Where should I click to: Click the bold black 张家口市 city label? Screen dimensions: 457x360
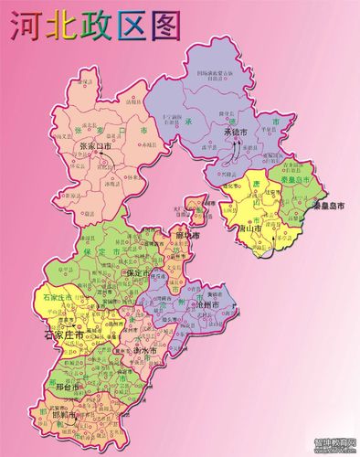coord(96,146)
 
